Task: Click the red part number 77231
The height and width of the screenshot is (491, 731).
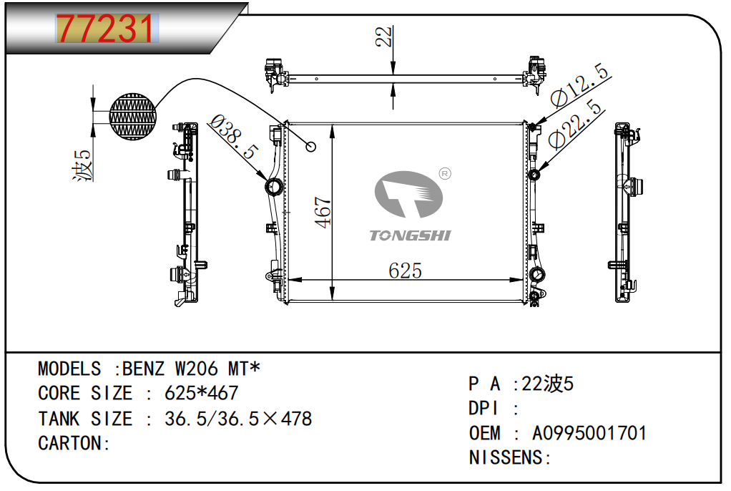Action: pyautogui.click(x=105, y=29)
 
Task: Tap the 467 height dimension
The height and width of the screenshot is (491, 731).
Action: pyautogui.click(x=323, y=213)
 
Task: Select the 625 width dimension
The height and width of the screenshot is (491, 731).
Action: pyautogui.click(x=405, y=271)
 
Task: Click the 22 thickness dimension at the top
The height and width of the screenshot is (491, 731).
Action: pyautogui.click(x=384, y=37)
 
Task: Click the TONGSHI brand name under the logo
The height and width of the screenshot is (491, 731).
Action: pyautogui.click(x=410, y=235)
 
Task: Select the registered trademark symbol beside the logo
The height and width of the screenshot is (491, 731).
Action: pyautogui.click(x=443, y=173)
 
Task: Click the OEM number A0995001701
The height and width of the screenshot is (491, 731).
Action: pyautogui.click(x=589, y=433)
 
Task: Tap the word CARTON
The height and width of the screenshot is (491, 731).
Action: pyautogui.click(x=71, y=443)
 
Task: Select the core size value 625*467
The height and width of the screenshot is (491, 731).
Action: pyautogui.click(x=201, y=393)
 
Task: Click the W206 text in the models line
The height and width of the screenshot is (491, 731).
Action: pyautogui.click(x=197, y=369)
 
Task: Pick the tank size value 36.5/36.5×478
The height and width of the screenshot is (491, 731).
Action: pyautogui.click(x=238, y=419)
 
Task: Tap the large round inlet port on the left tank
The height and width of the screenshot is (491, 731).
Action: pyautogui.click(x=273, y=188)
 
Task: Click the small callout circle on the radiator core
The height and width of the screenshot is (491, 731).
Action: pyautogui.click(x=310, y=147)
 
